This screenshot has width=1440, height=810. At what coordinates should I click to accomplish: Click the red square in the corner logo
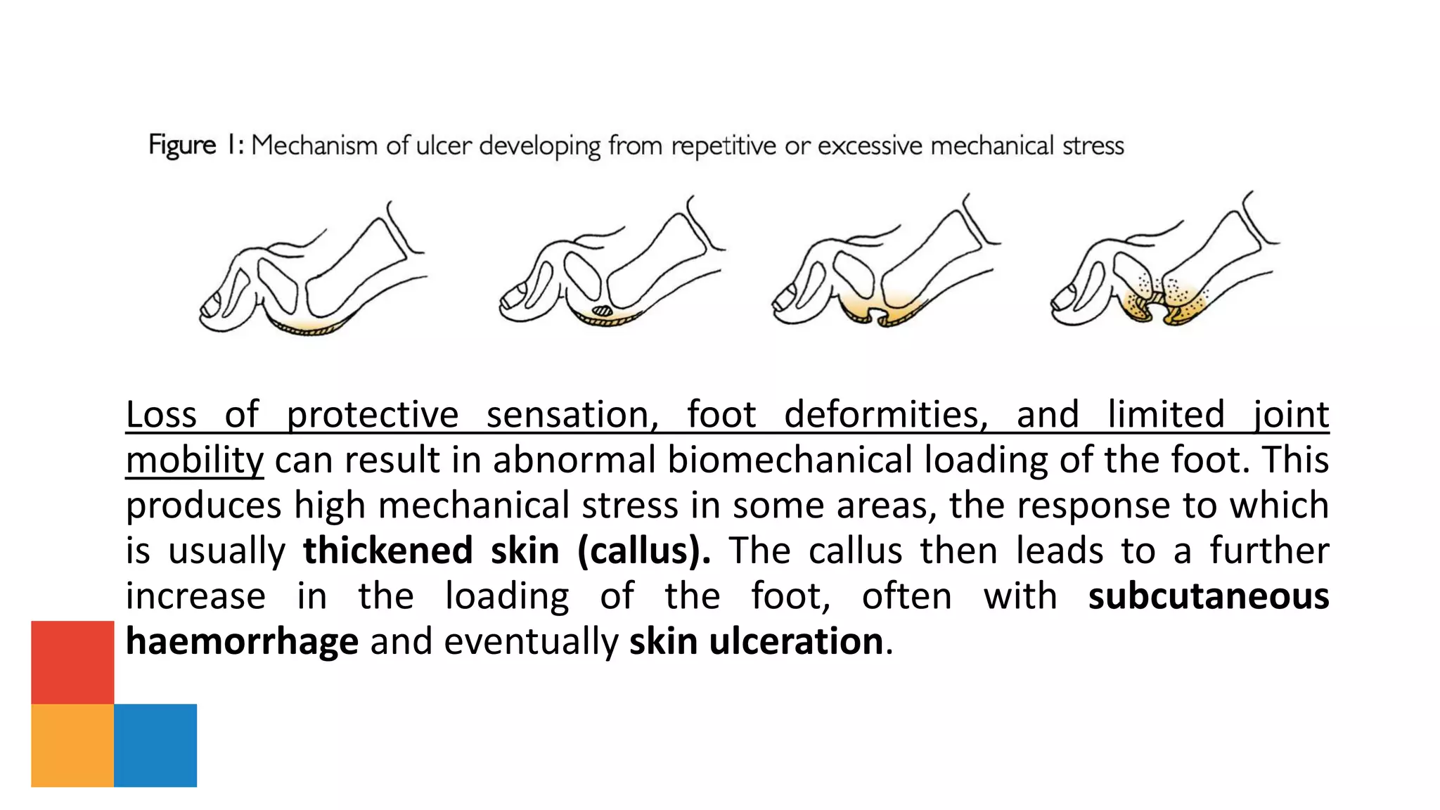click(72, 662)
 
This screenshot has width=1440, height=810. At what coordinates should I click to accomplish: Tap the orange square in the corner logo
click(72, 745)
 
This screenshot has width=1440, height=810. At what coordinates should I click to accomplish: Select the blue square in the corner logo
click(155, 745)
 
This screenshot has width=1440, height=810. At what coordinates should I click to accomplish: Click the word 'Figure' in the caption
click(182, 146)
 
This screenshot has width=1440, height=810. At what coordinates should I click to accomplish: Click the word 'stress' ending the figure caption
click(1093, 146)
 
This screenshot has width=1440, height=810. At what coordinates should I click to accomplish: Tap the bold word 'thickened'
click(387, 551)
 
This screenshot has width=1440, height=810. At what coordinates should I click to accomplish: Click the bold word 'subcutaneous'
click(1208, 596)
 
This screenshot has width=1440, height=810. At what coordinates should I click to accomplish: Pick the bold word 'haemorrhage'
click(242, 641)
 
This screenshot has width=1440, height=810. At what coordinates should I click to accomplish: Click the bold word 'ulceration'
click(796, 641)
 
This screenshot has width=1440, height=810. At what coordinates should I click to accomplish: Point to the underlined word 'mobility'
click(195, 460)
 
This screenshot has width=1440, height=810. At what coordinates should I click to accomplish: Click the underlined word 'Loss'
click(161, 414)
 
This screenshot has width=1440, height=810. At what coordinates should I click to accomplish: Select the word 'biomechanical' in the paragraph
click(789, 460)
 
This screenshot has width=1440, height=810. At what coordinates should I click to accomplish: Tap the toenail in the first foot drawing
click(211, 304)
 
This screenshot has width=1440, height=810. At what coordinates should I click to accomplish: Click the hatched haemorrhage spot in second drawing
click(603, 310)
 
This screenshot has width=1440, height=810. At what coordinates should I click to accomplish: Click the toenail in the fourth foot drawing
click(1062, 298)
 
